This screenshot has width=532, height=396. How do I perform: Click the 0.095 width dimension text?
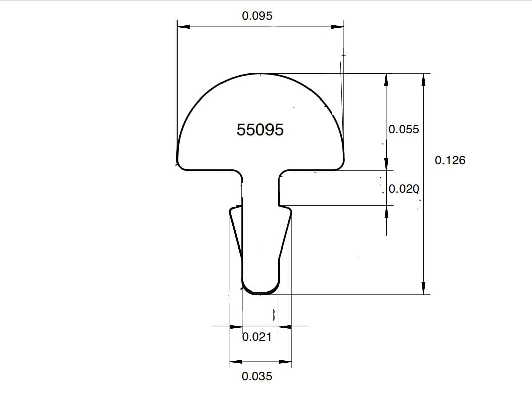pyautogui.click(x=257, y=16)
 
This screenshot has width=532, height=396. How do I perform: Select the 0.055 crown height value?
pyautogui.click(x=404, y=129)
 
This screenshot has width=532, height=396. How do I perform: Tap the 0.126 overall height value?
pyautogui.click(x=450, y=160)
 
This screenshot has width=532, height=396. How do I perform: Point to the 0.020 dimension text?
pyautogui.click(x=404, y=190)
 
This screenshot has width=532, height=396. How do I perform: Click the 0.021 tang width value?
pyautogui.click(x=257, y=337)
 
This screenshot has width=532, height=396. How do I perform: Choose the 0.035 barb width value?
pyautogui.click(x=257, y=376)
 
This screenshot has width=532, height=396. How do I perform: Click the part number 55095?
pyautogui.click(x=260, y=130)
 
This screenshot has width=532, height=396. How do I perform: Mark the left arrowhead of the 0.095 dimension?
pyautogui.click(x=183, y=27)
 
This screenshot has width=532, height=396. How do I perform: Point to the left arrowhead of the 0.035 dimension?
pyautogui.click(x=236, y=362)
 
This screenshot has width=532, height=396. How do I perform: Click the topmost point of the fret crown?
pyautogui.click(x=260, y=74)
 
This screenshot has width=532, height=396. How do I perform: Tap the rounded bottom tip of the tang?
pyautogui.click(x=260, y=292)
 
